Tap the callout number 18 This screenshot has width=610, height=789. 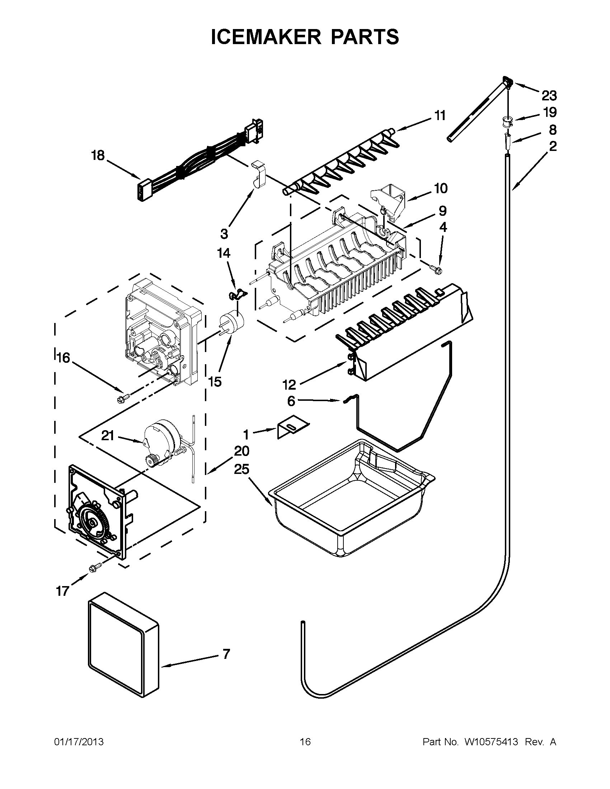98,156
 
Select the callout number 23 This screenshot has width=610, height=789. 549,96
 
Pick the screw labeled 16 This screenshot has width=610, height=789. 121,399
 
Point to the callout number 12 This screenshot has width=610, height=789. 289,385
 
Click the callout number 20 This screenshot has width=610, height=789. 241,451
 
